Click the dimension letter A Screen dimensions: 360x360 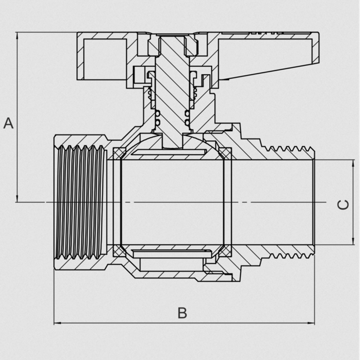(9, 123)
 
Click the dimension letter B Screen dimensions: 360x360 (182, 313)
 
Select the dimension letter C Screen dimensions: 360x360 (343, 205)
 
